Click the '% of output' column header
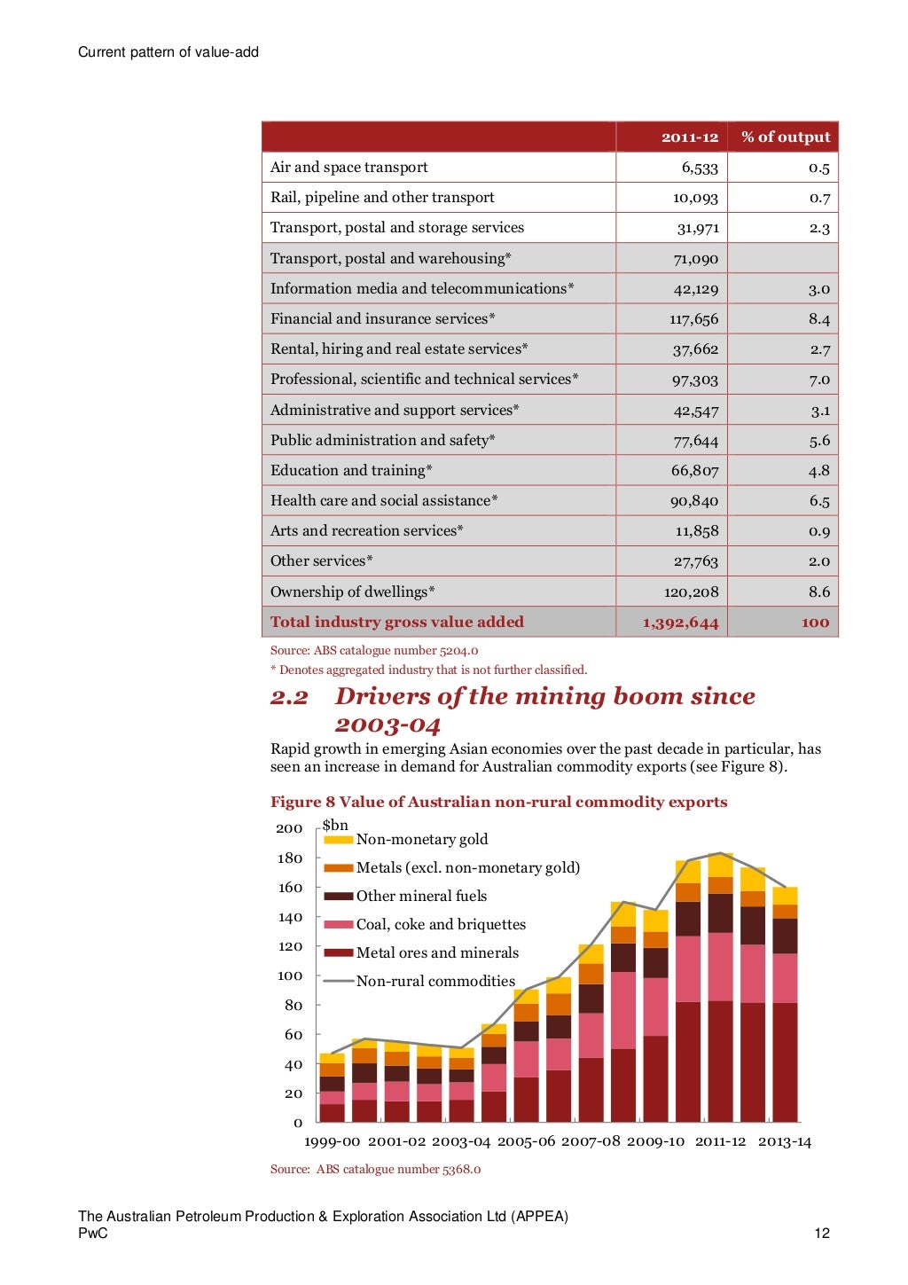point(785,137)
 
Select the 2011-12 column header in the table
point(689,137)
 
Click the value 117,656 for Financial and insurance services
point(693,319)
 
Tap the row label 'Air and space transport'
point(348,168)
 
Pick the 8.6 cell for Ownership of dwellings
point(818,592)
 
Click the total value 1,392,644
point(680,623)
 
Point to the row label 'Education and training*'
point(351,470)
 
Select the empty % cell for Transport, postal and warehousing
point(782,259)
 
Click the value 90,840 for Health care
point(693,501)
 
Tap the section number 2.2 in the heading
point(289,698)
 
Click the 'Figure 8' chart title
point(498,802)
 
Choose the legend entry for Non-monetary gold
point(421,839)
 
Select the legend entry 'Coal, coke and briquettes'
point(440,924)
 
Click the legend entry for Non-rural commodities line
point(434,981)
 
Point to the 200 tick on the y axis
point(289,828)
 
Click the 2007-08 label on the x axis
point(591,1141)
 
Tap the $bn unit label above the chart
point(335,825)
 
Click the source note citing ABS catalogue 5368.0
point(375,1169)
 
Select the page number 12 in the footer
point(821,1233)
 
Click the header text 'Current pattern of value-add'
point(168,52)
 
